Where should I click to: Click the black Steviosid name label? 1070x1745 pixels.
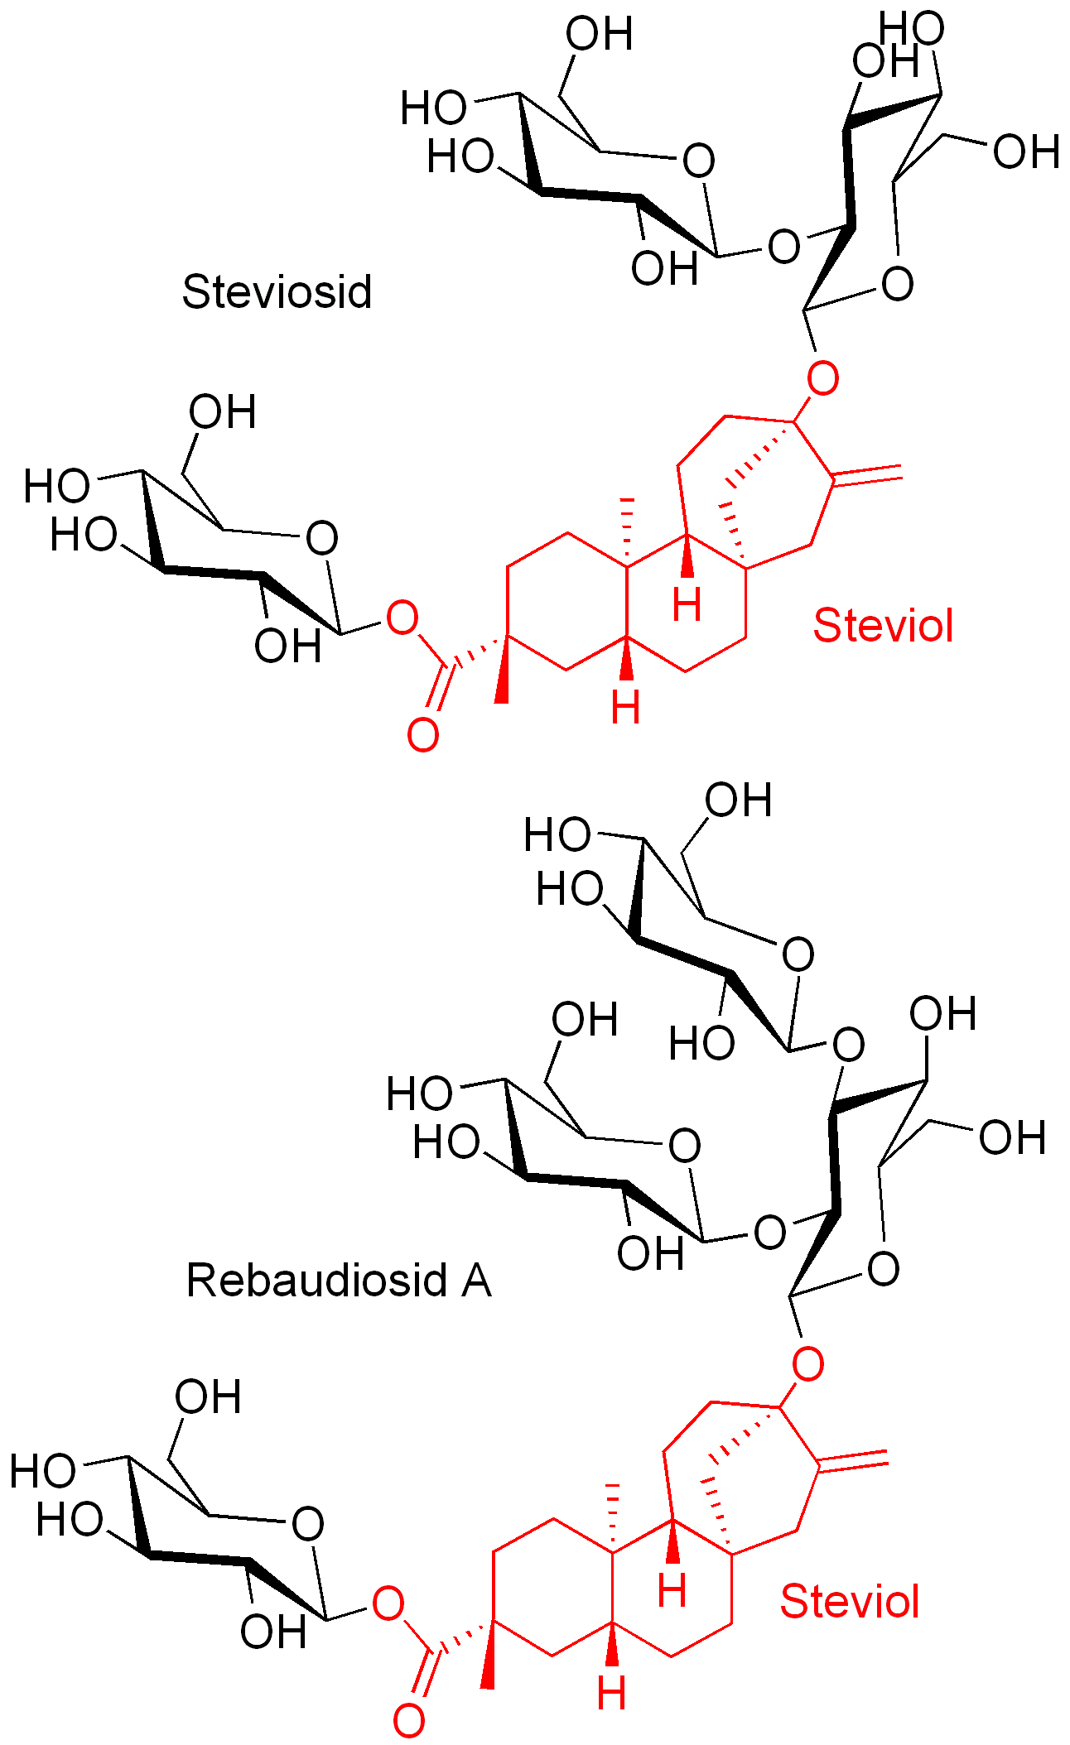tap(277, 292)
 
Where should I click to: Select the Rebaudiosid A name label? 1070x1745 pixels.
tap(339, 1280)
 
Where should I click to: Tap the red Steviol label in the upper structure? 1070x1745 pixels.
tap(883, 625)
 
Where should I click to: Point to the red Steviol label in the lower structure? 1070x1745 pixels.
tap(850, 1601)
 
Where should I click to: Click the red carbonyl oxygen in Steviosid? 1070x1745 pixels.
tap(422, 735)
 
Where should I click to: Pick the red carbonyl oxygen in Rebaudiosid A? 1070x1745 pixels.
tap(408, 1720)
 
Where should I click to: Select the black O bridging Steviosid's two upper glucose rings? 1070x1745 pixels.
tap(783, 247)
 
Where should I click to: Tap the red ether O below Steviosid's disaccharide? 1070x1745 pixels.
tap(822, 379)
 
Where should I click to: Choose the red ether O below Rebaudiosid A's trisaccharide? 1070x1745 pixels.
tap(808, 1363)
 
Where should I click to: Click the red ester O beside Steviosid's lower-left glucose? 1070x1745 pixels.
tap(402, 618)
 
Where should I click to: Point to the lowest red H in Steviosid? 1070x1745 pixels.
tap(625, 709)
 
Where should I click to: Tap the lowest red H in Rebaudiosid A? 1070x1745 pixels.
tap(611, 1693)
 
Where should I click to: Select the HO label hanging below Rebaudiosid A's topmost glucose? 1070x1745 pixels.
tap(701, 1044)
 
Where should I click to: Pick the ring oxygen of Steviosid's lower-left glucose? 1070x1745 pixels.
tap(321, 538)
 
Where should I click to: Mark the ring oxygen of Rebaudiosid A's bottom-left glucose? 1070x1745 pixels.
tap(307, 1523)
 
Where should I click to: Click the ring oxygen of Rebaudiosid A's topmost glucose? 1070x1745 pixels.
tap(798, 954)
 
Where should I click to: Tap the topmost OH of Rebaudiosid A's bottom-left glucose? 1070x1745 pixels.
tap(207, 1397)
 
